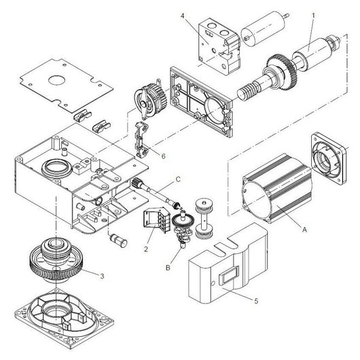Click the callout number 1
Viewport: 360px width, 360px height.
click(313, 16)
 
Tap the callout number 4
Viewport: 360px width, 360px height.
click(183, 16)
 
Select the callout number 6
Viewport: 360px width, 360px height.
click(163, 156)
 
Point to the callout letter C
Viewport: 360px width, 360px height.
click(178, 179)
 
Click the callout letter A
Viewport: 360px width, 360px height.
click(304, 229)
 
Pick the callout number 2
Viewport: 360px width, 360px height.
click(146, 249)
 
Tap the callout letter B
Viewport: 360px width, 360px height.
click(168, 268)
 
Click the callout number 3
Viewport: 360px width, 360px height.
click(102, 276)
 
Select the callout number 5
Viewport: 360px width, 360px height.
click(257, 300)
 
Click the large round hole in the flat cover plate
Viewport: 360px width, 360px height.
click(56, 80)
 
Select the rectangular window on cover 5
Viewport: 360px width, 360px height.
click(229, 275)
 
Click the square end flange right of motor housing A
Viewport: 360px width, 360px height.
click(329, 158)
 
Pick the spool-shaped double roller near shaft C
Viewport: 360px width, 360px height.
click(204, 218)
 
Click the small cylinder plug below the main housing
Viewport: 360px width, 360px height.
click(119, 240)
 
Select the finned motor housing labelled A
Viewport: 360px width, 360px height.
click(277, 189)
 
